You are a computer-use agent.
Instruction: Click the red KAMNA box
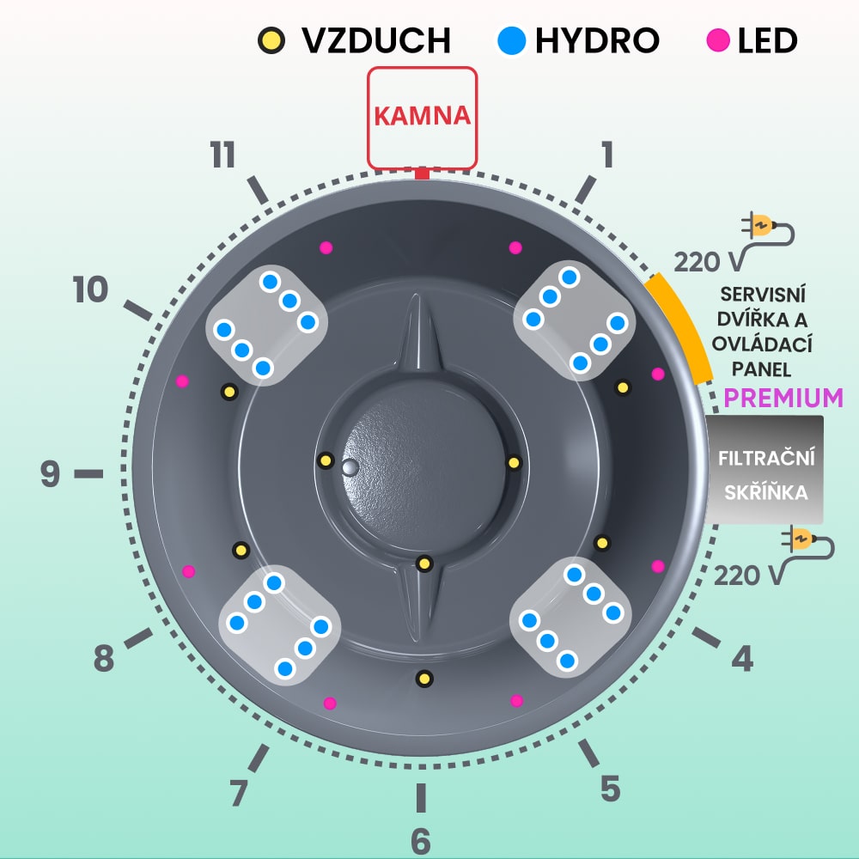click(422, 117)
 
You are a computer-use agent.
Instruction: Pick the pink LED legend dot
click(718, 40)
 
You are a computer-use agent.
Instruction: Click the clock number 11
click(222, 156)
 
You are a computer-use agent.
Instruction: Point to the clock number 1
click(607, 155)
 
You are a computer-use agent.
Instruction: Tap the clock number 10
click(90, 290)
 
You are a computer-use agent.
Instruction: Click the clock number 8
click(103, 660)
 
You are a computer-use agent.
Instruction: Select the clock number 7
click(240, 792)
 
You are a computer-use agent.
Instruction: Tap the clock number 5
click(610, 788)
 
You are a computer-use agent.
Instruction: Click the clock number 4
click(742, 659)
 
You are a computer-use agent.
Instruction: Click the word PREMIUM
click(783, 399)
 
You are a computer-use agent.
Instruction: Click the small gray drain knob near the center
click(349, 466)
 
